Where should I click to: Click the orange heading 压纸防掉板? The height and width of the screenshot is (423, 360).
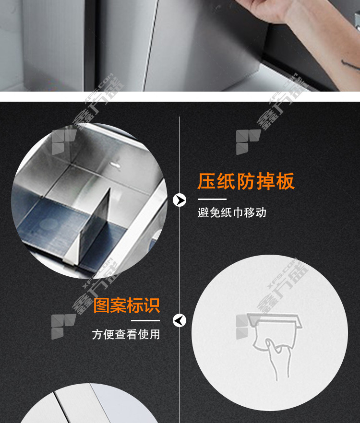coord(246,181)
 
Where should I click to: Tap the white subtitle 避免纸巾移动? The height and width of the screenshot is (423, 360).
coord(232,212)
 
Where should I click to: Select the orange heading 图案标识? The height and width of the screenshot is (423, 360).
coord(127,305)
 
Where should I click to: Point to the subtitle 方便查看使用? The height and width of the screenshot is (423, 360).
coord(126,334)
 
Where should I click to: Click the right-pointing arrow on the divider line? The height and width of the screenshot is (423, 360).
coord(180,200)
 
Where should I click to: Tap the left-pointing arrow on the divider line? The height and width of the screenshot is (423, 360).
coord(180,320)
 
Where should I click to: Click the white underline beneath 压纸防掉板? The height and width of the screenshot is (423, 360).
coord(212,199)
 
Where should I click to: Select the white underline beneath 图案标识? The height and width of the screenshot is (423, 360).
coord(145,320)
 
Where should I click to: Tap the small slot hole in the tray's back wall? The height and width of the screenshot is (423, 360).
coord(115,164)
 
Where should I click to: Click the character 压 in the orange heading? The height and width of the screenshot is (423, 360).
coord(206,181)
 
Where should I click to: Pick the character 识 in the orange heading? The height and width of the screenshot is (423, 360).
coord(152,305)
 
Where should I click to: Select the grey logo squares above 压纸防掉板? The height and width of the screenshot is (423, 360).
coord(248,142)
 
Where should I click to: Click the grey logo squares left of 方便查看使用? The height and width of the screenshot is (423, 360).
coord(63,327)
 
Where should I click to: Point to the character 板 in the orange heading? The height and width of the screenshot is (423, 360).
coord(286,181)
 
